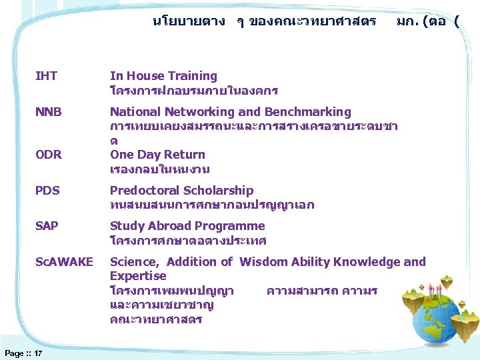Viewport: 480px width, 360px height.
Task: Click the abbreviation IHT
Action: point(46,77)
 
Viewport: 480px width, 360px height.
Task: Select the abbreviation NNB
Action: point(48,112)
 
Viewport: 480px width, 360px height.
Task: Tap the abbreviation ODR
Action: point(49,155)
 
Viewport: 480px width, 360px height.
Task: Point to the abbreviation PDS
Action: point(47,191)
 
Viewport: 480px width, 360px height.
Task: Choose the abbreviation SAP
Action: point(47,226)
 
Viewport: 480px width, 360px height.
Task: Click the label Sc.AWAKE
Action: point(64,262)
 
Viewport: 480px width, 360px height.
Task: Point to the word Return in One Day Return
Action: point(183,155)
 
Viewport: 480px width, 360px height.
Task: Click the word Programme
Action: point(232,226)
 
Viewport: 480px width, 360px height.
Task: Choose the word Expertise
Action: point(138,276)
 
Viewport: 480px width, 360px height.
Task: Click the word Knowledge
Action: point(367,262)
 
